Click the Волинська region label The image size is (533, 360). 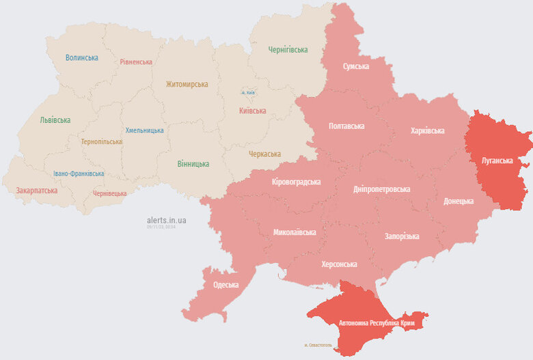tap(81, 58)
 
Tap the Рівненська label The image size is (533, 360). tap(136, 61)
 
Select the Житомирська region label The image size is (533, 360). tap(187, 84)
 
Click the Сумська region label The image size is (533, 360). tap(356, 66)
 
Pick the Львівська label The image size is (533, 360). tap(55, 120)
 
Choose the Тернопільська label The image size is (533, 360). tap(102, 142)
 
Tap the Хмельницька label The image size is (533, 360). tap(144, 130)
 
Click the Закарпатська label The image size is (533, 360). tap(36, 191)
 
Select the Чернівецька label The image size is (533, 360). tap(109, 193)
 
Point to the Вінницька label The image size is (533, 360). tap(193, 164)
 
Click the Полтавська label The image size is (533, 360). tap(346, 126)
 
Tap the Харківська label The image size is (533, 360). tap(428, 130)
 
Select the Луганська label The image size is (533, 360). tap(497, 160)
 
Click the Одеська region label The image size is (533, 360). tap(225, 285)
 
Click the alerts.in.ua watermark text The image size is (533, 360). tap(166, 221)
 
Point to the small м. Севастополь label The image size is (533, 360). tap(318, 345)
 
